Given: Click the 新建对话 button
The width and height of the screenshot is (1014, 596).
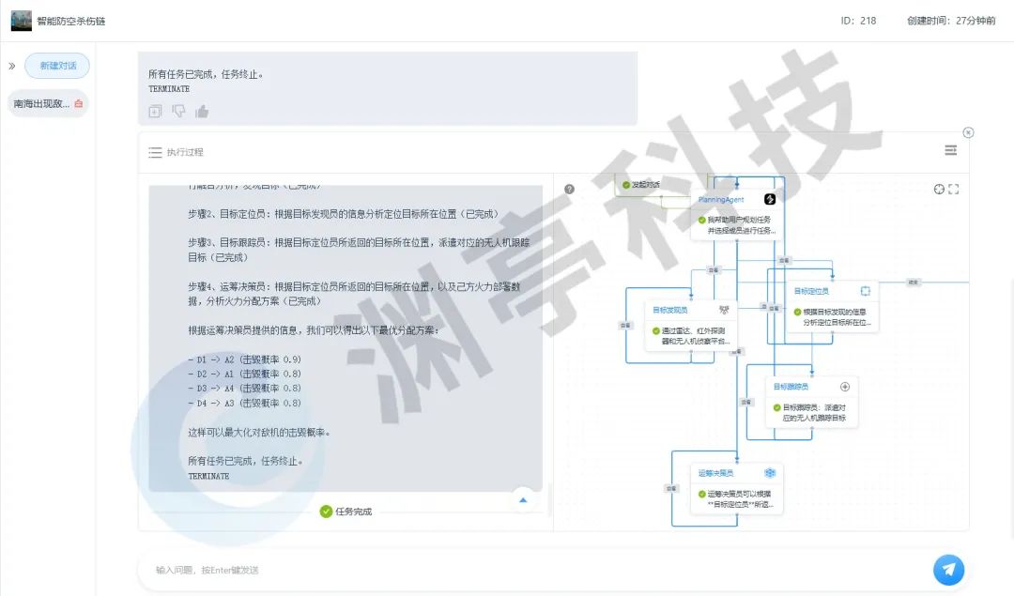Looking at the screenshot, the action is (x=56, y=66).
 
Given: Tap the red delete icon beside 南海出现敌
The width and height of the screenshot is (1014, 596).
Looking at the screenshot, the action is (x=79, y=103).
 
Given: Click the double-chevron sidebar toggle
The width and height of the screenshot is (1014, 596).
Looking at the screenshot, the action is (x=12, y=67).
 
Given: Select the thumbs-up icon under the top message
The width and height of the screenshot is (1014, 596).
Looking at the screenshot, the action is (x=202, y=112).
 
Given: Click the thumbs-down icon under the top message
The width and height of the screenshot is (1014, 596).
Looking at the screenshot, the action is (x=178, y=112).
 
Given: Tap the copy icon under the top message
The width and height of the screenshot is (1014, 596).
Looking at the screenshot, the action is (x=156, y=112).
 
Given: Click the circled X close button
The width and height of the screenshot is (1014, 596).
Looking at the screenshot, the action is (x=968, y=132).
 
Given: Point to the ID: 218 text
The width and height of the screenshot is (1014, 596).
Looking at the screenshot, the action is (x=858, y=21).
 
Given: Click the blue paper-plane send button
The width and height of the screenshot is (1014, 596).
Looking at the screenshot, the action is (x=948, y=569).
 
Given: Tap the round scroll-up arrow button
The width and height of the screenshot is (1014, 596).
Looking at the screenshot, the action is (x=523, y=500).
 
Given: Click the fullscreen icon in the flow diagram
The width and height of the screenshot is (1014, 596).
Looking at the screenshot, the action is (x=954, y=190).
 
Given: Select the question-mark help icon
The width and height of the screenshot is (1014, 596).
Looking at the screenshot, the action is (x=569, y=189).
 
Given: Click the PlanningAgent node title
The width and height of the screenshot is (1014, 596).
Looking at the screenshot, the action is (x=721, y=199).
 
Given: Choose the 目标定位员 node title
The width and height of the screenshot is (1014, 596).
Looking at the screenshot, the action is (x=811, y=291).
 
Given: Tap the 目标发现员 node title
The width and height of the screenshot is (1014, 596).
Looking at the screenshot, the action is (x=670, y=309).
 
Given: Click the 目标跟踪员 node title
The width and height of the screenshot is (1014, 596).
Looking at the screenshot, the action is (x=791, y=386).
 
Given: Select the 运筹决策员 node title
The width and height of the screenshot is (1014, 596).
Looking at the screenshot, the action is (x=715, y=473).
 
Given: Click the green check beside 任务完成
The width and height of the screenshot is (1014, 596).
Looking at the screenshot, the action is (x=326, y=512).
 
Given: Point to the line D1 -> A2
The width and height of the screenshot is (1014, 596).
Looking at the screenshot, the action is (x=245, y=359).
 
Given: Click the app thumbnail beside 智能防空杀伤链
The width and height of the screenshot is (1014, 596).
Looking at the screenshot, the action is (x=21, y=21).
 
